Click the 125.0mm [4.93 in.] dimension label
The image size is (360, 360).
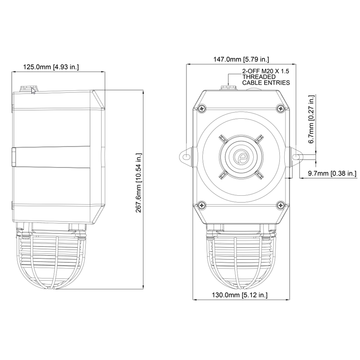(x=51, y=67)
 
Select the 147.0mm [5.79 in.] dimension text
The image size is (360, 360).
(x=241, y=59)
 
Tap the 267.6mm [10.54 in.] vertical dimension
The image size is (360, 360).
(x=139, y=183)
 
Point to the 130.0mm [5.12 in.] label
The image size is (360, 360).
(x=240, y=295)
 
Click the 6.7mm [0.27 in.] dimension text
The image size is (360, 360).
(x=311, y=119)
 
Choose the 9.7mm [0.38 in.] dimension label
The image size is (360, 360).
(x=332, y=173)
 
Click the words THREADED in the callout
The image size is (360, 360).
(x=259, y=76)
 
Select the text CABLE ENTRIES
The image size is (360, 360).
(x=266, y=82)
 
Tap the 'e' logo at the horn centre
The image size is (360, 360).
(x=241, y=157)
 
